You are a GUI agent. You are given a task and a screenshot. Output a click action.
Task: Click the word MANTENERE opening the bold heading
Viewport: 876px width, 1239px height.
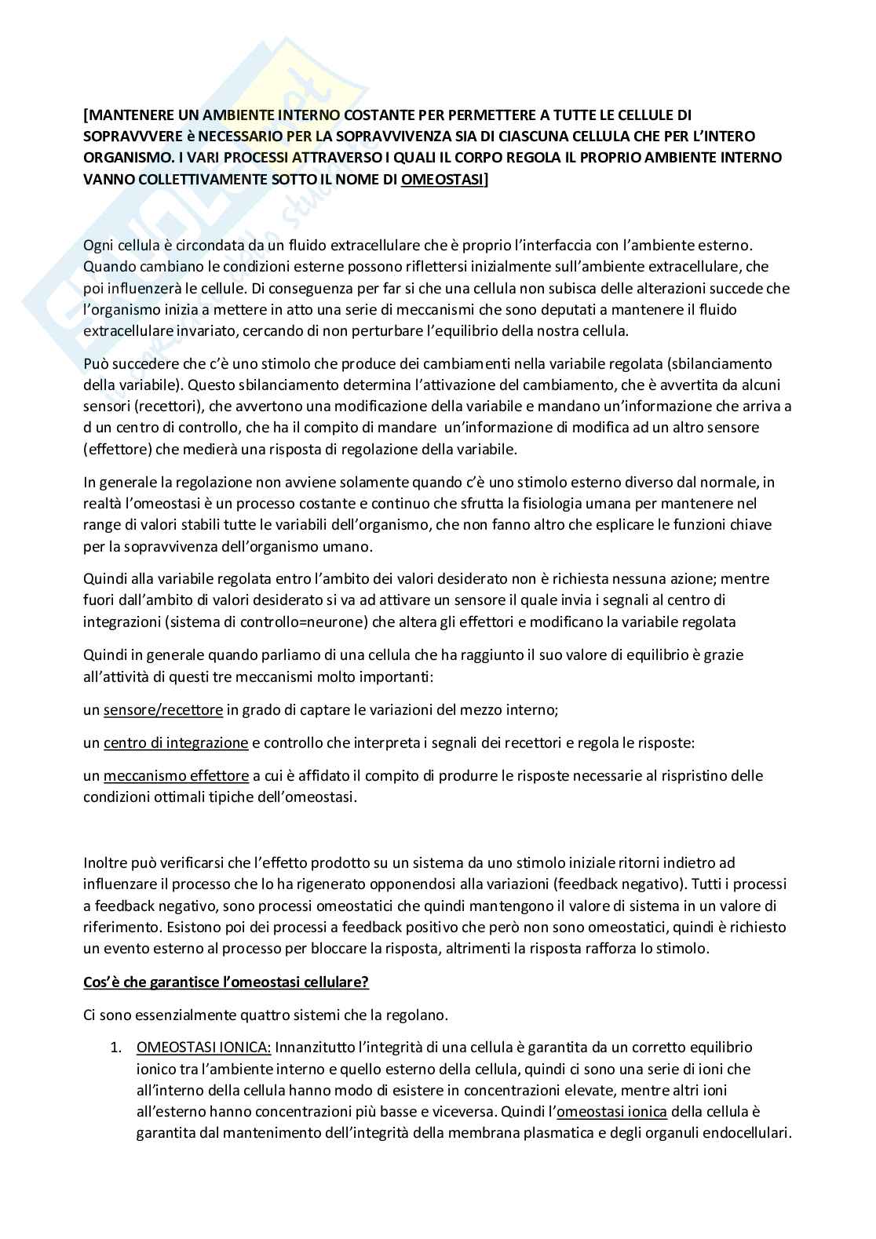click(x=127, y=115)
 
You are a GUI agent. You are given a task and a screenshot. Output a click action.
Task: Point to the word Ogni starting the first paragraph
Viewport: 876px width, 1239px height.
click(x=97, y=246)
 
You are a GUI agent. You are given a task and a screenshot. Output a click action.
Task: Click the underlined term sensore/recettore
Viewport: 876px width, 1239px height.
click(x=163, y=709)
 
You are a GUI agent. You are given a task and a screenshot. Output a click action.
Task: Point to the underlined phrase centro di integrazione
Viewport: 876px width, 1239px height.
click(x=176, y=742)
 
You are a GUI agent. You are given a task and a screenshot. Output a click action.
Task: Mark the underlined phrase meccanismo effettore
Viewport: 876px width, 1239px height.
click(x=176, y=775)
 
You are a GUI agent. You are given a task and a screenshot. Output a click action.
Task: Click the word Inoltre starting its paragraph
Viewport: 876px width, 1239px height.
click(x=105, y=862)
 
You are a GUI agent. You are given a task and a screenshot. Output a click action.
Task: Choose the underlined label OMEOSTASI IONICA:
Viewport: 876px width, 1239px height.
click(x=204, y=1047)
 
